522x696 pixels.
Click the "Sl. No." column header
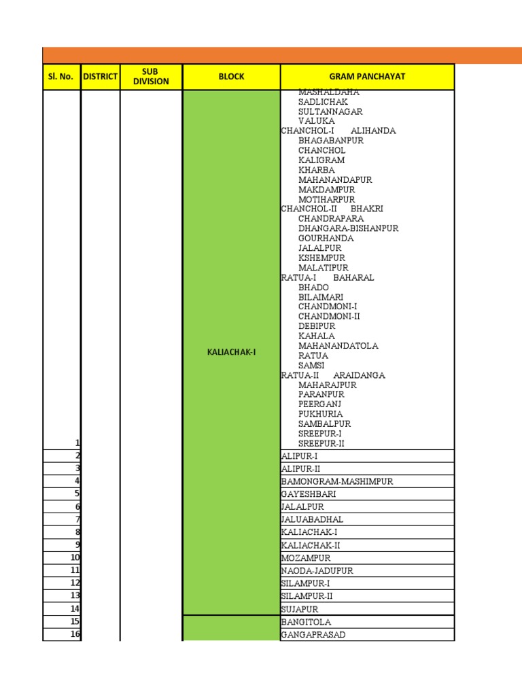coord(61,77)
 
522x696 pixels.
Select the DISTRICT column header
coord(101,77)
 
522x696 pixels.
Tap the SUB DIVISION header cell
coord(151,77)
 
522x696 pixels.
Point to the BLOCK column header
coord(231,77)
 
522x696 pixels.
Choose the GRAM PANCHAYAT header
coord(367,77)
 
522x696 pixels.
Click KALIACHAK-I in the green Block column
coord(231,352)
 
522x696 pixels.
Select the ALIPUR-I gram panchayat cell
coord(299,456)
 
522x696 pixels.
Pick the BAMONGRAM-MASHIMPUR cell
coord(337,481)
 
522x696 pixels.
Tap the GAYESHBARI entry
coord(309,494)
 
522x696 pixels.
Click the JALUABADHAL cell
coord(312,519)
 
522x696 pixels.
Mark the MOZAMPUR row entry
coord(306,558)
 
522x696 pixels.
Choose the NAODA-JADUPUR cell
coord(317,571)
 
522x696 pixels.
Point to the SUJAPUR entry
coord(300,609)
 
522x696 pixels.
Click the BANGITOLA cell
coord(307,622)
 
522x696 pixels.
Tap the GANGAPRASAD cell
coord(313,635)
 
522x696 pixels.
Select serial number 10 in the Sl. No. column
coord(75,558)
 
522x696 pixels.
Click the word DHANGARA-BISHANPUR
coord(348,228)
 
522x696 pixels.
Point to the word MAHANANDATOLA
coord(338,346)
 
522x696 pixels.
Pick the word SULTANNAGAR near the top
coord(330,111)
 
